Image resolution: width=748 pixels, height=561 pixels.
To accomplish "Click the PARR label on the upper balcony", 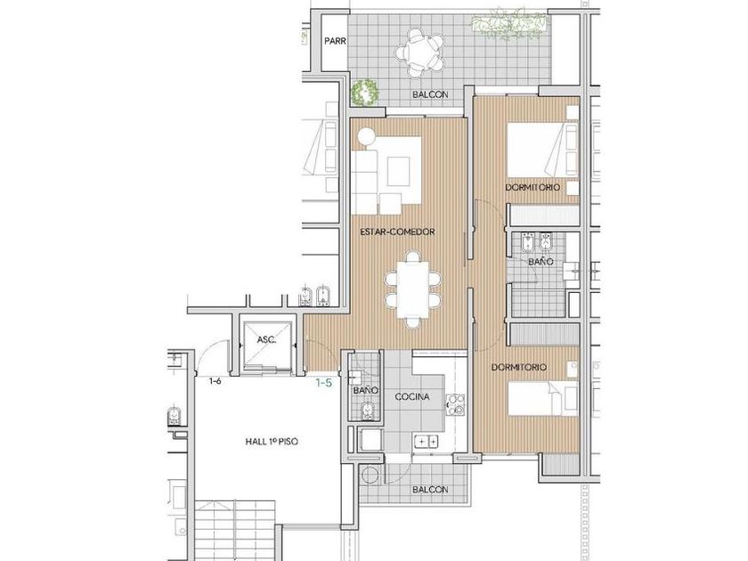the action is click(335, 42).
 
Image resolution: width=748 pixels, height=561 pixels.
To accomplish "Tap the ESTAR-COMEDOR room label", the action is click(397, 232).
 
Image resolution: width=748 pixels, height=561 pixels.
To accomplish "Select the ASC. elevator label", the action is click(266, 339).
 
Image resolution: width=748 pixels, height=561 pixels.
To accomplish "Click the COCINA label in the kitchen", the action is click(412, 396).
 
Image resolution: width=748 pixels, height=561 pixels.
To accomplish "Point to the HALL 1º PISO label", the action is click(272, 442).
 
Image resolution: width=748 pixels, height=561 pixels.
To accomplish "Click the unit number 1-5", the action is click(324, 382).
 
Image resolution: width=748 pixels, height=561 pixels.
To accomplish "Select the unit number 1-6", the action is click(215, 381).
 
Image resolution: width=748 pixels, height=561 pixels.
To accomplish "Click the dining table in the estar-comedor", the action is click(413, 290).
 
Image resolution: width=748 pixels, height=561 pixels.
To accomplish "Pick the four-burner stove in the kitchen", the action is click(455, 404).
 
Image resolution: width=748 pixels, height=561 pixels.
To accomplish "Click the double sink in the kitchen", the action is click(427, 442).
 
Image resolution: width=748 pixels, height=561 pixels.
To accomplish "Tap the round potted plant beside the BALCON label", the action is click(365, 91).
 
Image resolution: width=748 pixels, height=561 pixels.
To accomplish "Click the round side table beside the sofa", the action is click(367, 137).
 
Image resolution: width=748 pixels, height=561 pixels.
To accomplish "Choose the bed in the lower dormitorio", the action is click(543, 399).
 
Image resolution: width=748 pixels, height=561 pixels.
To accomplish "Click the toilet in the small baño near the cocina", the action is click(368, 411).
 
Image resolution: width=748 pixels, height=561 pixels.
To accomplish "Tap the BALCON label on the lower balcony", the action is click(430, 490).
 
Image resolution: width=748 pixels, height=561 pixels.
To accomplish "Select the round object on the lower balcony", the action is click(370, 476).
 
